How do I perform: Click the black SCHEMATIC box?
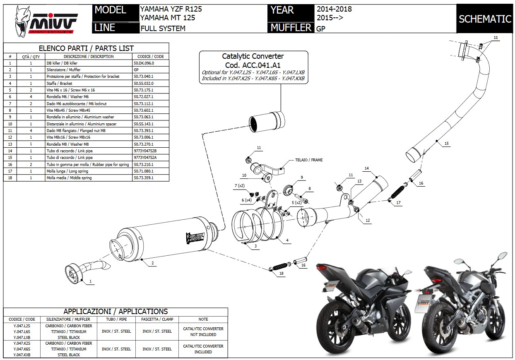coord(485,19)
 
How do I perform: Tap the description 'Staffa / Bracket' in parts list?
coord(60,84)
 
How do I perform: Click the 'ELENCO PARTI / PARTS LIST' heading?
coord(86,48)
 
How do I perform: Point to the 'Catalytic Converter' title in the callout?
coord(253,56)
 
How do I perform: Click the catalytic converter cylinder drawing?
coord(266,120)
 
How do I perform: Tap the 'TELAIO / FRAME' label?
coord(309,160)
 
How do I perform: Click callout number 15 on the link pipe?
coord(446,143)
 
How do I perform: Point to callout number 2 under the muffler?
coord(152,263)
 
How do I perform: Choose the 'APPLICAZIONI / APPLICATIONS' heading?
coord(116,312)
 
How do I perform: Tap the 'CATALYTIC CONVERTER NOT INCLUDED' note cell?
coord(203,331)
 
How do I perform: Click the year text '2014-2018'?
coord(334,9)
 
